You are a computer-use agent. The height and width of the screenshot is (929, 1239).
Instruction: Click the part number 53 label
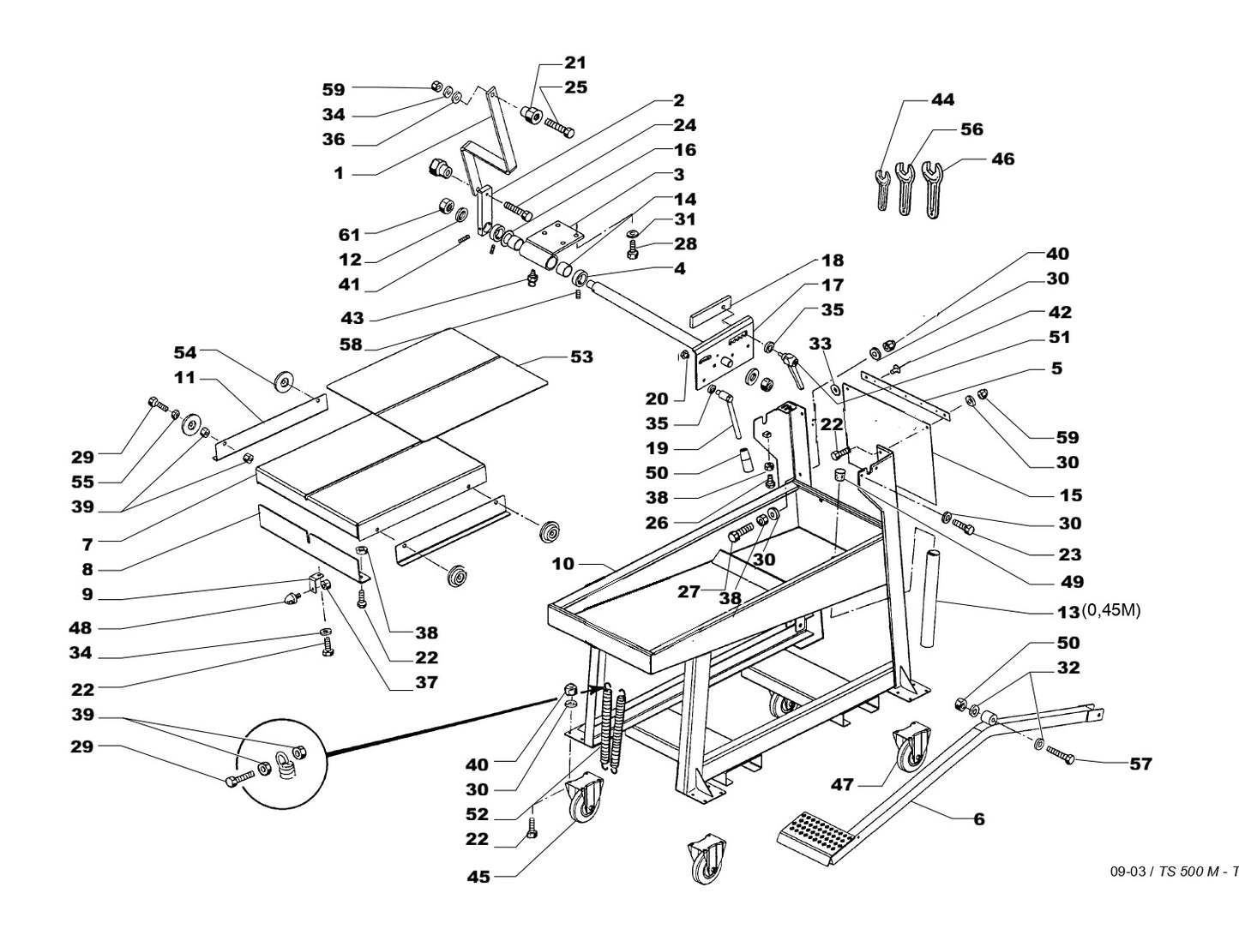(581, 357)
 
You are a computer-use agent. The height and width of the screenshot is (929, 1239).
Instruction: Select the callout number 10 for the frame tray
(562, 565)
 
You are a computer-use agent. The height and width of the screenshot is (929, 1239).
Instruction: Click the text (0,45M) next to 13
(1111, 611)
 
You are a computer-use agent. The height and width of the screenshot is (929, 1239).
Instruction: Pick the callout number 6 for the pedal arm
(978, 818)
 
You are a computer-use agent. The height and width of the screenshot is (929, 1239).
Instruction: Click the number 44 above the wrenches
(942, 100)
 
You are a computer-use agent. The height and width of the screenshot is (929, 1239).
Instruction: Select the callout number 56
(971, 129)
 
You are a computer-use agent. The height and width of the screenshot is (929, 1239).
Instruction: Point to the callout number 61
(350, 234)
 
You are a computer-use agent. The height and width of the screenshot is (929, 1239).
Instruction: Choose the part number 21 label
(575, 63)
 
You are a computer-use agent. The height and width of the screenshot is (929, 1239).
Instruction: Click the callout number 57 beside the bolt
(1140, 764)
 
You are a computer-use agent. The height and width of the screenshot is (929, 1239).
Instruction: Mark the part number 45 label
(478, 877)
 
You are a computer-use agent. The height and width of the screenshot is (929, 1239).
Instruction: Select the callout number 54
(185, 352)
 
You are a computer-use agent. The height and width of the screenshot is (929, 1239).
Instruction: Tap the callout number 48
(80, 628)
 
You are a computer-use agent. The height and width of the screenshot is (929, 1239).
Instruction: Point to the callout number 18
(832, 261)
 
